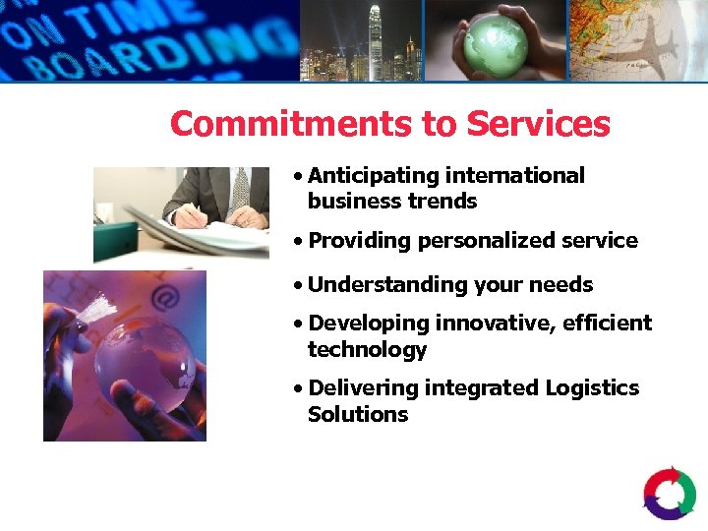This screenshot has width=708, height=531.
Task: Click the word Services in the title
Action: [x=538, y=124]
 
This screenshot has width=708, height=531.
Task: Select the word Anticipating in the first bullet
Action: [x=373, y=176]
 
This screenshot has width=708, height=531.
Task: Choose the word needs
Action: [x=561, y=285]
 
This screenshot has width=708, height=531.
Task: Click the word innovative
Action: [x=494, y=324]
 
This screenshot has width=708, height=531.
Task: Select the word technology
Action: [x=367, y=350]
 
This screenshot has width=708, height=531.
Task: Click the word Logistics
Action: [x=584, y=388]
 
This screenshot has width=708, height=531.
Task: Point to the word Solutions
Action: [x=357, y=415]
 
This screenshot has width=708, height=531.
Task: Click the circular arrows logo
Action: [x=670, y=494]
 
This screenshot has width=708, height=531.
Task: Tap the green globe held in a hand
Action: [x=495, y=41]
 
